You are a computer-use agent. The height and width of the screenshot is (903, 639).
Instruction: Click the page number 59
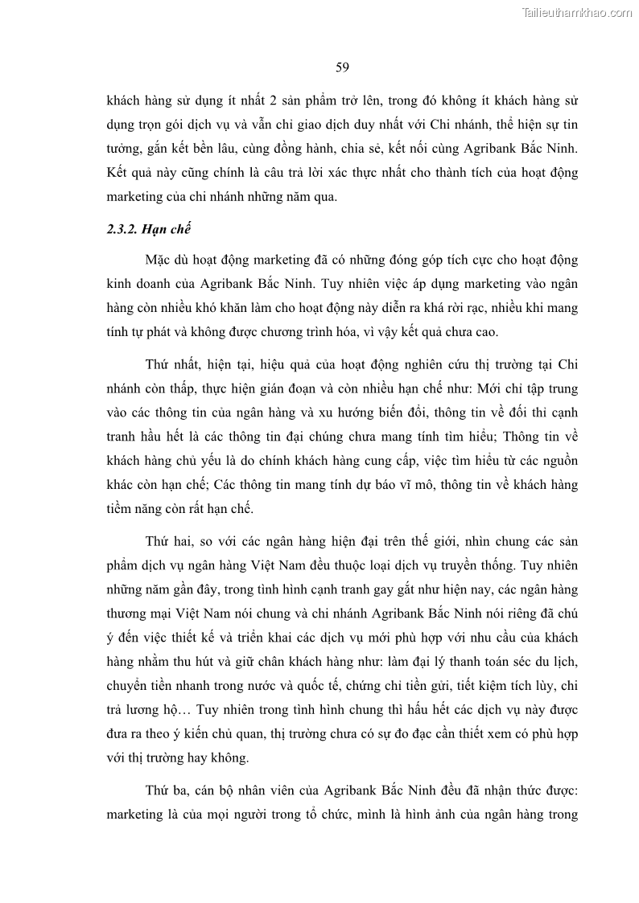pos(342,67)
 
